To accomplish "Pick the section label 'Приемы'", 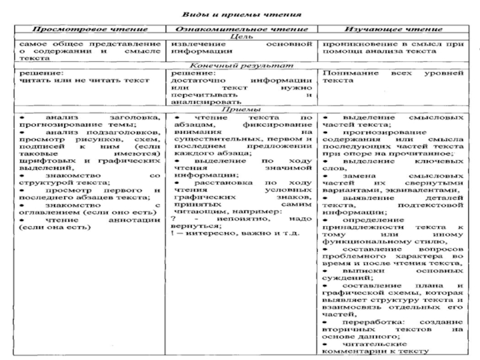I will [x=239, y=109].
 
